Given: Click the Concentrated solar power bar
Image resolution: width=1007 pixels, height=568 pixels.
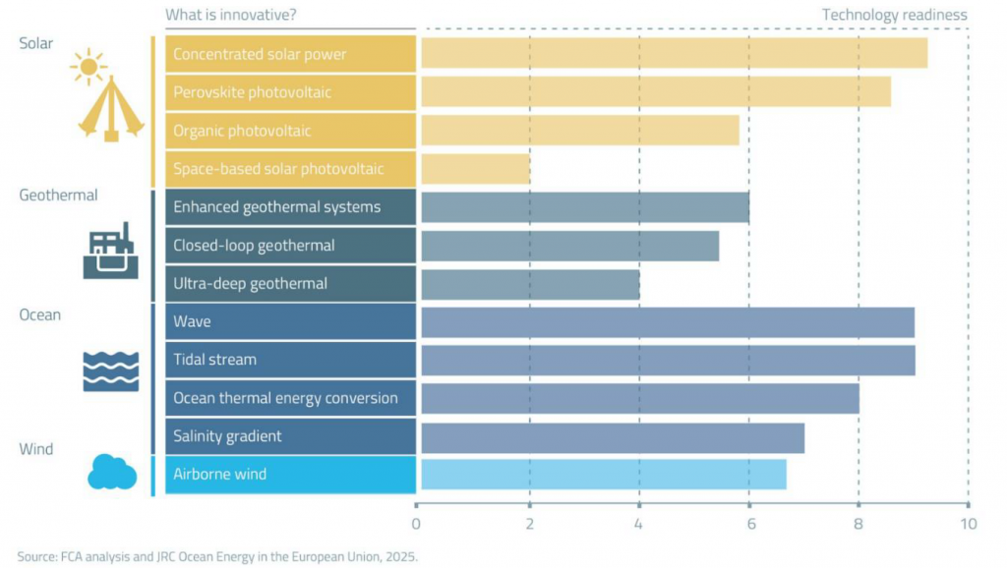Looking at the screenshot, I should coord(674,53).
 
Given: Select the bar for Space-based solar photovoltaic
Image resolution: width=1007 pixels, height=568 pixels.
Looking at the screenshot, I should coord(476,168).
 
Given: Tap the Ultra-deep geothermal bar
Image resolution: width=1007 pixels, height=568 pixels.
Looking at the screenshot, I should coord(530,284).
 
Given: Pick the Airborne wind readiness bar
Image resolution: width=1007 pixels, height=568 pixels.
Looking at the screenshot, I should coord(603,475).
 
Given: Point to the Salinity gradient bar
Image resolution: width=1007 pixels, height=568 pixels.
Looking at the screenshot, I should coord(613,437).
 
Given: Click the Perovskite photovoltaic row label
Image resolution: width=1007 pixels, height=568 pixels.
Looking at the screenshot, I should coord(252,92).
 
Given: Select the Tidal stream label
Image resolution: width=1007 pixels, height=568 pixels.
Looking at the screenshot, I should coord(214,360).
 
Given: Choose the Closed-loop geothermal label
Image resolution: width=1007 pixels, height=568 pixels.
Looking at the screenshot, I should coord(254,246).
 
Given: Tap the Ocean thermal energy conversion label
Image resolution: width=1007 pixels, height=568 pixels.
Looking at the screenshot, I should coord(285,398).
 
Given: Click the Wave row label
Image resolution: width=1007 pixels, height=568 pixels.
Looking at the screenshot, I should coord(192,321).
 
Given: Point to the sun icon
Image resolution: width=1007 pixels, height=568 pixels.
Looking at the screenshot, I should coord(89,67).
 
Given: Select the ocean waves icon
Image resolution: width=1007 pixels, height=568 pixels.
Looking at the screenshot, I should coord(110,370).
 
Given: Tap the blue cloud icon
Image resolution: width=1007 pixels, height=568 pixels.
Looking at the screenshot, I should coord(111,472).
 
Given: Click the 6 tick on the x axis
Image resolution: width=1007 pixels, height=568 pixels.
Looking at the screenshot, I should coord(749,524).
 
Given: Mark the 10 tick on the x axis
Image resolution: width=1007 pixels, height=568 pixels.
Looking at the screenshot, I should coord(969,524).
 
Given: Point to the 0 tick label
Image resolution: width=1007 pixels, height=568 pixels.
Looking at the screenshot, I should coord(417,524).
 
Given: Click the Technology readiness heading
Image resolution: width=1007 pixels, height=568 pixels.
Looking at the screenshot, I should coord(894,15).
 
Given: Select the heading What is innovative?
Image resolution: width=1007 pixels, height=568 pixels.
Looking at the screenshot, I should coord(231,15).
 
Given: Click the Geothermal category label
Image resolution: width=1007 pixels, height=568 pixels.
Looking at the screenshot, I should coord(58,196).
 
